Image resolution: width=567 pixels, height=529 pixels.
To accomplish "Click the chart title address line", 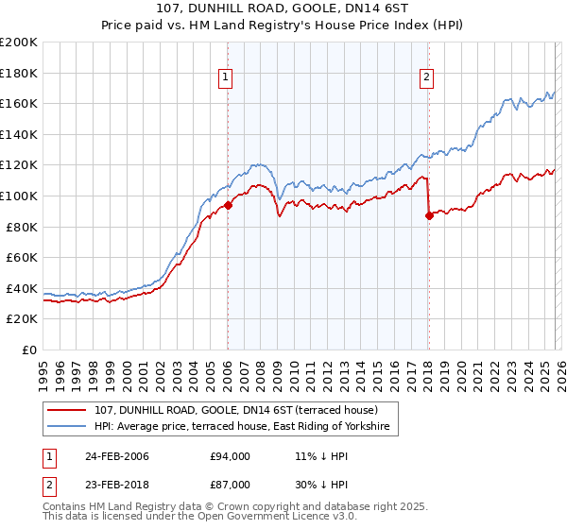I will point(283,9).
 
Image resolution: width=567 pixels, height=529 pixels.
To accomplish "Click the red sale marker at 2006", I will point(228,205).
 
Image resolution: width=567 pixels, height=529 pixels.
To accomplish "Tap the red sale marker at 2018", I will point(429,215).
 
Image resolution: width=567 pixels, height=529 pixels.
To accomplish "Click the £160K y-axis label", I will point(19,104).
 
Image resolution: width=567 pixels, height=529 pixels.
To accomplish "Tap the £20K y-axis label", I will point(21,318).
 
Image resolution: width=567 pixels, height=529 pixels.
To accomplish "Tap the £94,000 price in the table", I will point(231,456).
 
